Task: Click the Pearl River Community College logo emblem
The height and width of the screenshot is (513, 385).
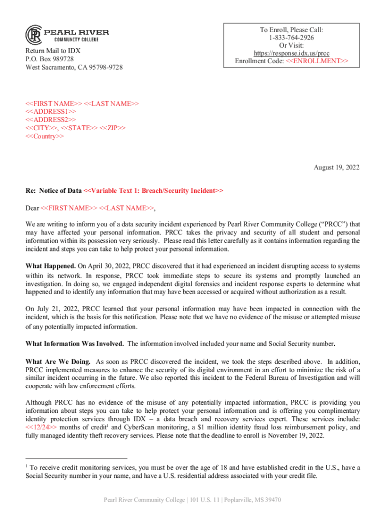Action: pyautogui.click(x=33, y=35)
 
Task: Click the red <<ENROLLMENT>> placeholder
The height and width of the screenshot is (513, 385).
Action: pyautogui.click(x=317, y=61)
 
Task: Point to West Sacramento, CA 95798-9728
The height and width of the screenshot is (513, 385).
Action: pyautogui.click(x=74, y=67)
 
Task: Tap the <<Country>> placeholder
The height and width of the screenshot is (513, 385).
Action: pyautogui.click(x=45, y=136)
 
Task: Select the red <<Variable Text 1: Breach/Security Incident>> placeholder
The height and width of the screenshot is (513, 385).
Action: pyautogui.click(x=153, y=191)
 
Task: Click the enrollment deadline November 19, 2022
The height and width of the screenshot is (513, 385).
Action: pyautogui.click(x=293, y=435)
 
